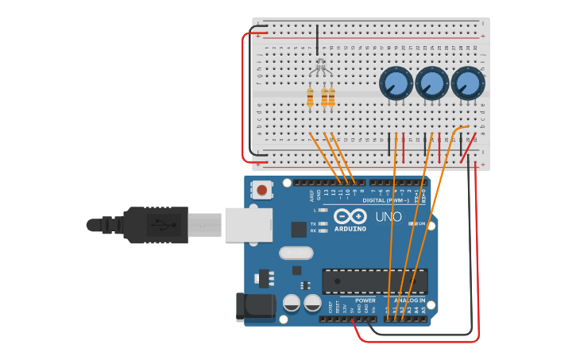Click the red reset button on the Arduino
coord(261,190)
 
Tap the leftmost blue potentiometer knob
coord(395,83)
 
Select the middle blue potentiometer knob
coord(431,83)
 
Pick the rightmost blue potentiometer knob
coord(468,83)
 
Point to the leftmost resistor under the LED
coord(310,98)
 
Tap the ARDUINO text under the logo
coord(350,229)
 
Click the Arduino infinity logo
coord(350,216)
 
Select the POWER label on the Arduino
coord(365,300)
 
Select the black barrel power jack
coord(255,307)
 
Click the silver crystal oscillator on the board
coord(296,254)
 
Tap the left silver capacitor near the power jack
coord(292,303)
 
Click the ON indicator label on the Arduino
coord(421,224)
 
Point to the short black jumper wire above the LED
coord(318,40)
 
